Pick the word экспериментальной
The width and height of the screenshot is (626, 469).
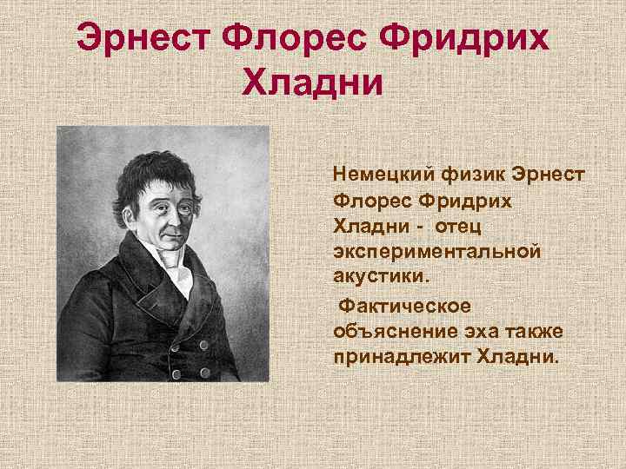click(436, 251)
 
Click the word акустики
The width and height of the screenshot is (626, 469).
click(381, 276)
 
